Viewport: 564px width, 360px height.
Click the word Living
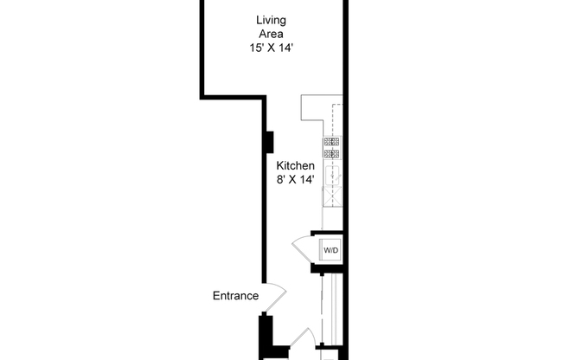tap(272, 20)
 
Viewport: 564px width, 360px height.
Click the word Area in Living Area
tap(272, 35)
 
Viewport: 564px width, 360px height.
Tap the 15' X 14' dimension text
tap(271, 49)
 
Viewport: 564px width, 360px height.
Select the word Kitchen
tap(295, 165)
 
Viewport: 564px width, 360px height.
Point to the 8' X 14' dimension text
tap(295, 180)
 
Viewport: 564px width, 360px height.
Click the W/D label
tap(331, 251)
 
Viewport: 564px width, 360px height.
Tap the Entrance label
tap(235, 296)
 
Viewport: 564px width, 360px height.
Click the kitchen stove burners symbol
tap(332, 148)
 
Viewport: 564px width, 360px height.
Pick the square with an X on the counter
tap(332, 196)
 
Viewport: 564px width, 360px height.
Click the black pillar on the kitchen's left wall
tap(269, 140)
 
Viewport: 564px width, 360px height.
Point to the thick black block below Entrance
tap(266, 334)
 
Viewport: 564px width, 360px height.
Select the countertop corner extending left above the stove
tap(310, 108)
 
